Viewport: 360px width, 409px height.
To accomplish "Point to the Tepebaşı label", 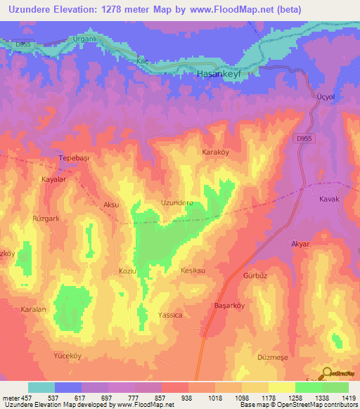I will (75, 158).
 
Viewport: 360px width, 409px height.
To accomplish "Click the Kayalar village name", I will (53, 180).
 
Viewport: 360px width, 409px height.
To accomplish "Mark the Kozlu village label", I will (127, 271).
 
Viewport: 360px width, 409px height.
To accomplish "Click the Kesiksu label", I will (192, 271).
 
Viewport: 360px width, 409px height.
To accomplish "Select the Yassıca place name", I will (170, 316).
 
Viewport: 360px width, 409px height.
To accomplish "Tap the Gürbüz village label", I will (256, 276).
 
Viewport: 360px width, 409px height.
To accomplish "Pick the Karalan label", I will (32, 309).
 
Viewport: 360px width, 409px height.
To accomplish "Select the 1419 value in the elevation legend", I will (348, 398).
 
